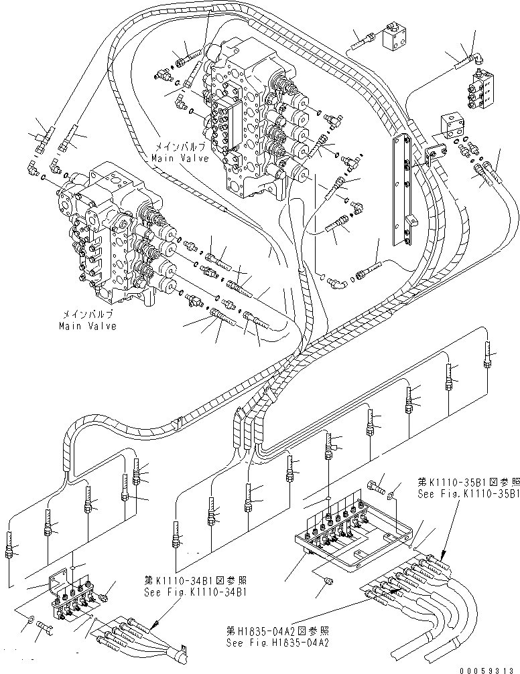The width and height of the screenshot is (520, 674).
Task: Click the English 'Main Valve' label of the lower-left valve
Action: [x=86, y=326]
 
